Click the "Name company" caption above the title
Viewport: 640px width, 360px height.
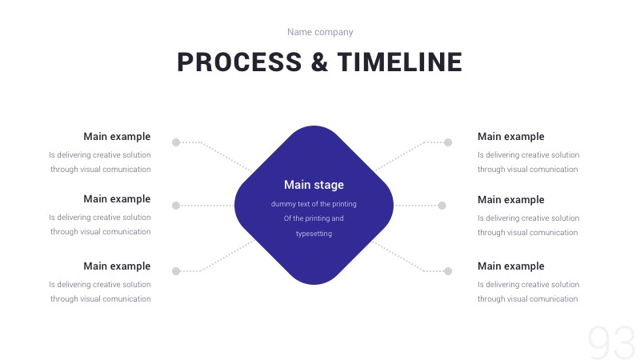tap(320, 32)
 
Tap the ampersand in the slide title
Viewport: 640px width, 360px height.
tap(319, 62)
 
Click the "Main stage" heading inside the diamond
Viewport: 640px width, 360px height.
tap(314, 185)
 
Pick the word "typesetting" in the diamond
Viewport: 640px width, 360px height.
tap(314, 234)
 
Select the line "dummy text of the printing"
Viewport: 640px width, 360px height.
tap(314, 204)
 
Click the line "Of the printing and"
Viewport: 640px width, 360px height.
tap(314, 218)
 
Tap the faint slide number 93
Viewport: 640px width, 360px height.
tap(611, 342)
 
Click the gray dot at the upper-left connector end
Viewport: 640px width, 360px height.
tap(176, 142)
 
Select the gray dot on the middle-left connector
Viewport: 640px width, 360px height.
tap(176, 206)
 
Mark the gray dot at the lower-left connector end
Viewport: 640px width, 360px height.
tap(176, 271)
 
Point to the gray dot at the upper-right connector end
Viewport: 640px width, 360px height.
tap(448, 142)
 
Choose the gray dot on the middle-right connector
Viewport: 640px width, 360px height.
tap(442, 206)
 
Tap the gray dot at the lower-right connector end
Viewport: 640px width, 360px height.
tap(448, 271)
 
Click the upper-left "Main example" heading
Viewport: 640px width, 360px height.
tap(117, 137)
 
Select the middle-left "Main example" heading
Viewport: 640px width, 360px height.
tap(117, 199)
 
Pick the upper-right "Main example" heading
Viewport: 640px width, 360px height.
tap(510, 137)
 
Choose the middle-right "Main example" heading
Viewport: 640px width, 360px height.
tap(510, 200)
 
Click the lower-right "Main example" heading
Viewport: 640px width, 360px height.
tap(510, 266)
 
